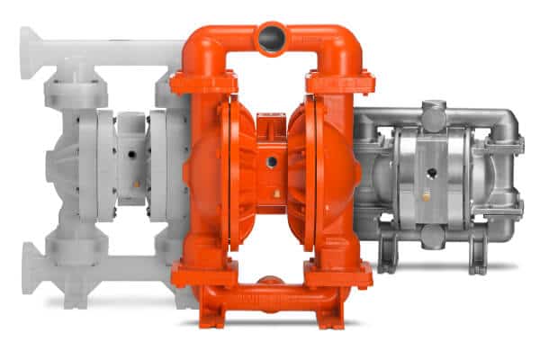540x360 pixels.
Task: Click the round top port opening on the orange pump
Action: pyautogui.click(x=272, y=39)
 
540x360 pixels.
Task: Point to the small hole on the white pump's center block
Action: pyautogui.click(x=132, y=155)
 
